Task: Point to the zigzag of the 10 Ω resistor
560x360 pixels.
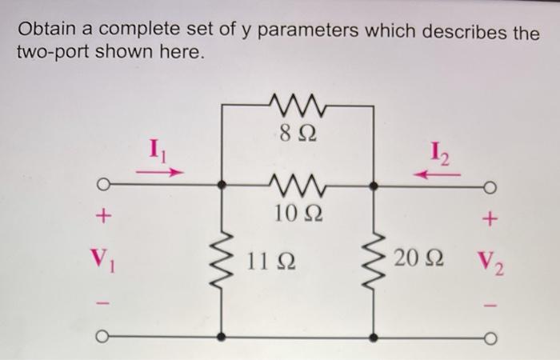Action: point(295,186)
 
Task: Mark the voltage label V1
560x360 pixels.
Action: point(102,258)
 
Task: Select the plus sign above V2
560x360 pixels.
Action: point(490,217)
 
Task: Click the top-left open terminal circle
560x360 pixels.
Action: point(102,187)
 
